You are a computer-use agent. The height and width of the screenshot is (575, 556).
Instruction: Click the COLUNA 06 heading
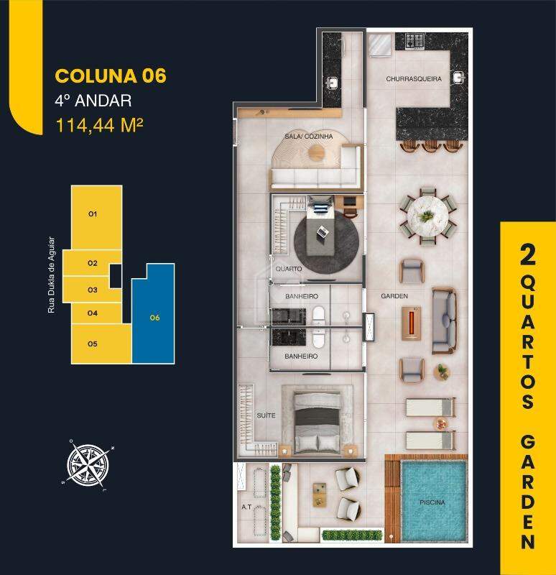point(111,76)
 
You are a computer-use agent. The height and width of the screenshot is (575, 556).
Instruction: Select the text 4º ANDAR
point(93,101)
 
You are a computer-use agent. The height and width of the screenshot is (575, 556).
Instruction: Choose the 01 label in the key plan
point(92,214)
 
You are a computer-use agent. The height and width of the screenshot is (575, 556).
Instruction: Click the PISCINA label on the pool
point(432,504)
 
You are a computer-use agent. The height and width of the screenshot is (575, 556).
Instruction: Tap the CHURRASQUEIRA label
point(413,79)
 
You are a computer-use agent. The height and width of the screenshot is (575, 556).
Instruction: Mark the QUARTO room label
point(288,269)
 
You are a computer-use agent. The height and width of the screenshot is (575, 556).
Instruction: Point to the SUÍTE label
point(267,415)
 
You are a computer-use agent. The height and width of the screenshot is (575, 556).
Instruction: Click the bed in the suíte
point(317,420)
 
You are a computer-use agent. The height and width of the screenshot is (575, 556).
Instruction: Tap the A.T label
point(246,507)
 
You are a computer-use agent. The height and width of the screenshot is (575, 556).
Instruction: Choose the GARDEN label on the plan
point(394,296)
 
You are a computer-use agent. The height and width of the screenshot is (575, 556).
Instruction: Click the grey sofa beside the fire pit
point(443,321)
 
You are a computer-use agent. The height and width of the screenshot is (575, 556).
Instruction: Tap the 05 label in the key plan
point(92,344)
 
